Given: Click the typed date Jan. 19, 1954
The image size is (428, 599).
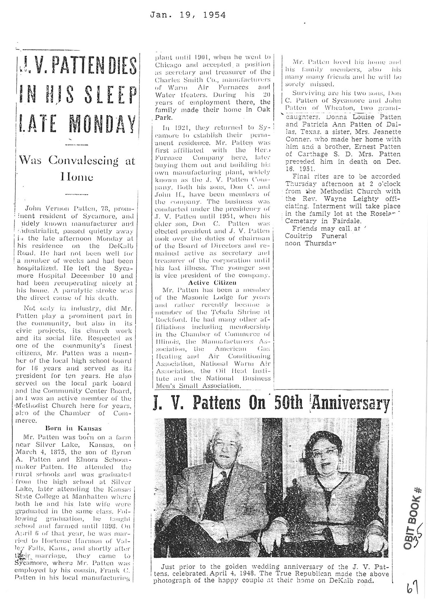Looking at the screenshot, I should coord(188,15).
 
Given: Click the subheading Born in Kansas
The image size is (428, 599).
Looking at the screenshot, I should coord(73,428).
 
